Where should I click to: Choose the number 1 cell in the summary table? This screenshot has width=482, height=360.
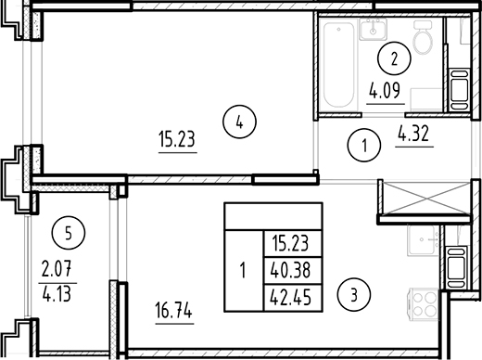[243, 272]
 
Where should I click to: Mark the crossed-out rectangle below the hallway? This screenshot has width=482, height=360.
[425, 199]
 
